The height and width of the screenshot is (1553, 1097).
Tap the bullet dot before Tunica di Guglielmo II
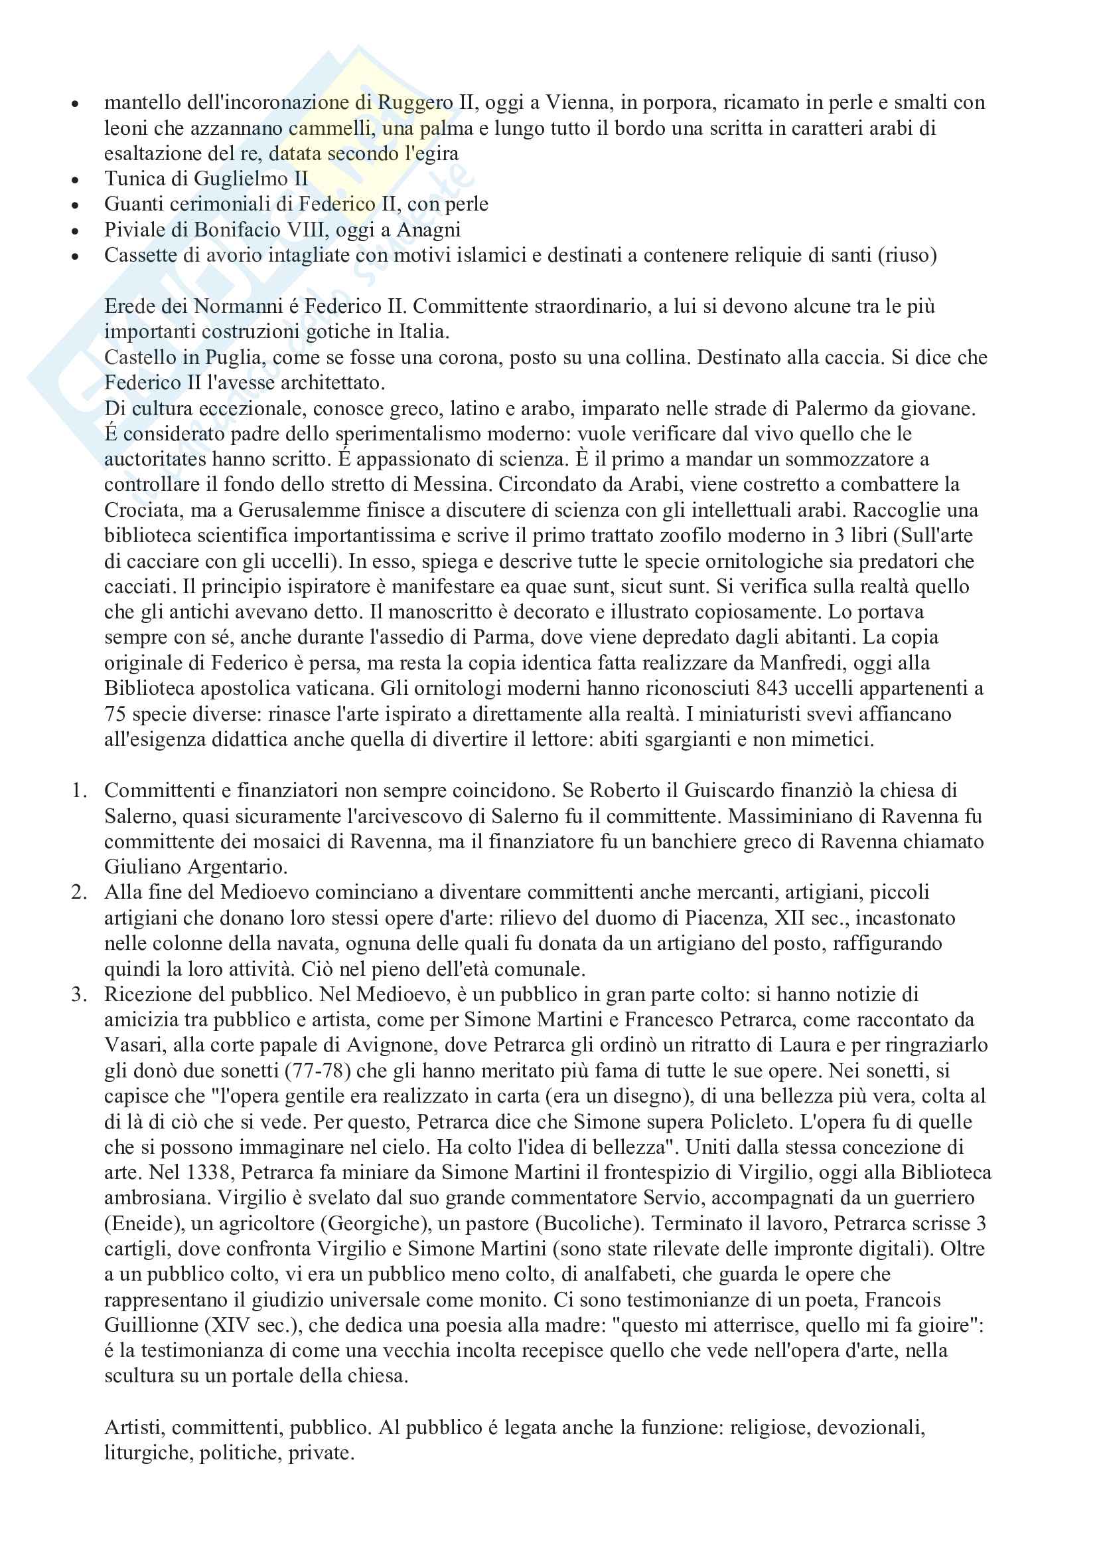tap(76, 180)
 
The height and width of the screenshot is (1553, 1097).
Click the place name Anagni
tap(429, 230)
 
